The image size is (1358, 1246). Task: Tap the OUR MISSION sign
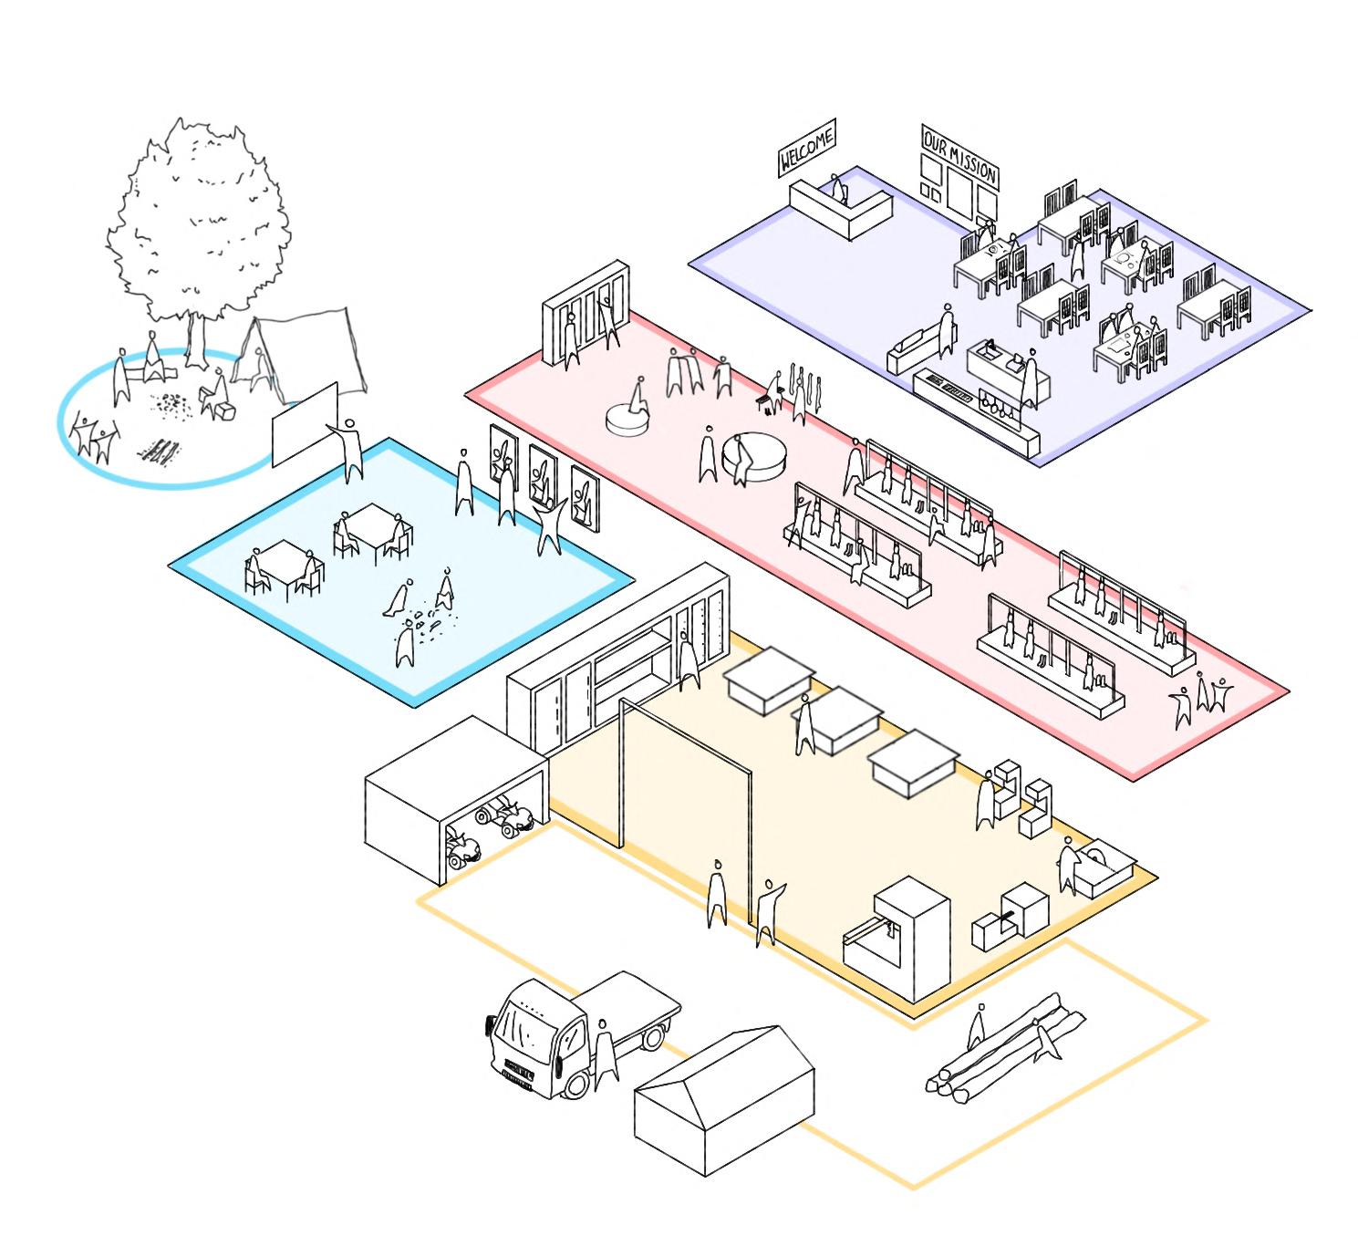(x=959, y=157)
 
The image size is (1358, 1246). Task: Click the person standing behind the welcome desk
(x=838, y=190)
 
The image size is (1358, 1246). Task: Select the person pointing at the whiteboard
(x=349, y=449)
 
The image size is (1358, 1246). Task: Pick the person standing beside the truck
(x=604, y=1054)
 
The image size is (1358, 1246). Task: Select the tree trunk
(x=194, y=339)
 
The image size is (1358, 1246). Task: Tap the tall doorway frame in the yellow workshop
(x=686, y=812)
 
